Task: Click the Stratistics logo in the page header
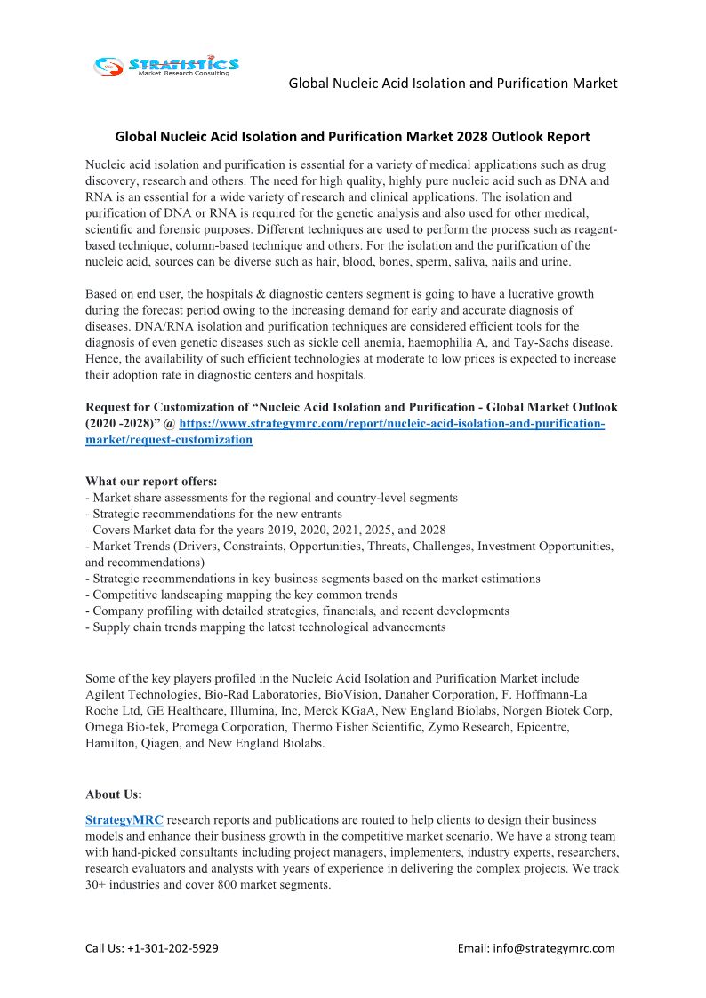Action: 167,65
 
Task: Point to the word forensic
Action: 156,229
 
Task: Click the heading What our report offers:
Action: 151,482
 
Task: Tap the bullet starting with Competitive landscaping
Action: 241,595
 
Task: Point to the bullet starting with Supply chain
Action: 265,627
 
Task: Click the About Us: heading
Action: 114,794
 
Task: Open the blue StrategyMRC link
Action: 124,819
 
